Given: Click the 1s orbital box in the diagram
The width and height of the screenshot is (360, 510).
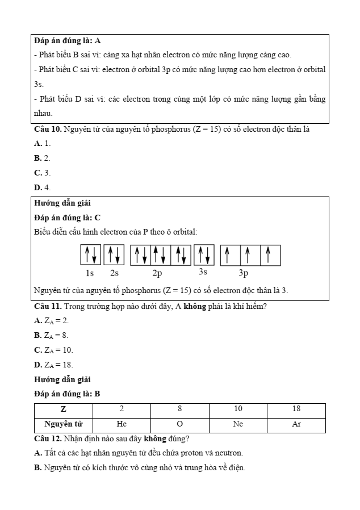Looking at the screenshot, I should point(90,255).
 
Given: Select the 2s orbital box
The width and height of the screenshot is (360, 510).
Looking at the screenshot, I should point(114,255).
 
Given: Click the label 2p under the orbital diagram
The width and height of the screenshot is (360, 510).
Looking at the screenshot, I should point(157,273).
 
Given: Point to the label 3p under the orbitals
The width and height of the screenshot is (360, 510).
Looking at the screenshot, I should point(244,273).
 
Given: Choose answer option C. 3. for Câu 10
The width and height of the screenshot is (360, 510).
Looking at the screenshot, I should point(43,173).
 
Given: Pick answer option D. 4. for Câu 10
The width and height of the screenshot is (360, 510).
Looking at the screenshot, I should point(43,187).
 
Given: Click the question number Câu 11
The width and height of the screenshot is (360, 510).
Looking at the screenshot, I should point(48,307).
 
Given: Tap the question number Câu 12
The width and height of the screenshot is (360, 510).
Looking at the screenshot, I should point(48,439).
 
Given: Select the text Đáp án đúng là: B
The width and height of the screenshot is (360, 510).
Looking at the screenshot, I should point(67,394).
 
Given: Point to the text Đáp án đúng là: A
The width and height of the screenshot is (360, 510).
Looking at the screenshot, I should point(67,41).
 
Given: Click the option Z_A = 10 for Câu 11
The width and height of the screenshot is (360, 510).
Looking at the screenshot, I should point(54,350).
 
